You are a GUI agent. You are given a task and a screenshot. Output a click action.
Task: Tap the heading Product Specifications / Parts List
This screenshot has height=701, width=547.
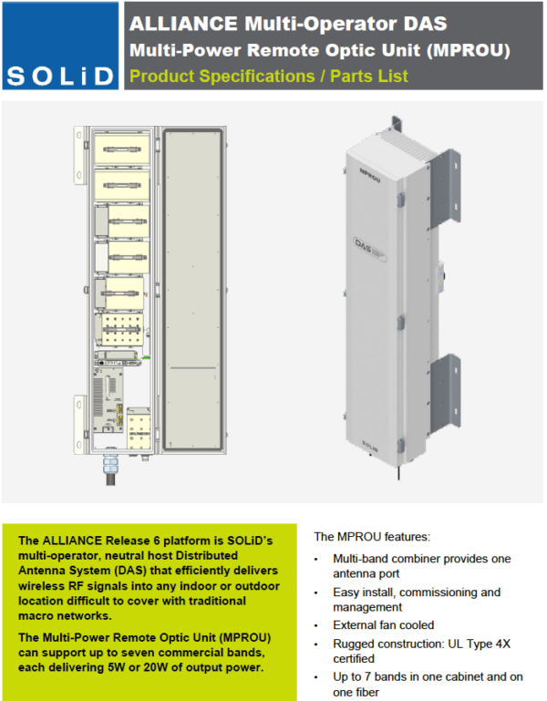tap(269, 76)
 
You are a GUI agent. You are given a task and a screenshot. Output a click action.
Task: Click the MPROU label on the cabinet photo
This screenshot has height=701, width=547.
tap(369, 170)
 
